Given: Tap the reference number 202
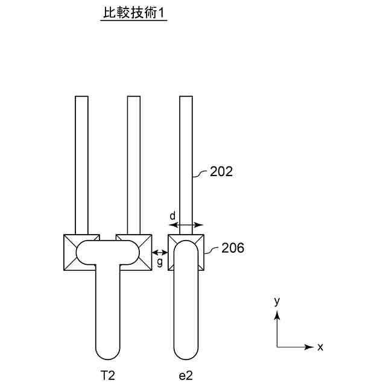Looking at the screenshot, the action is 221,172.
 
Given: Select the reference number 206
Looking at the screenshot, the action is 233,247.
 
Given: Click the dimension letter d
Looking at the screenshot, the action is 172,215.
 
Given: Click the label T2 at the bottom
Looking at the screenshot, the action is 107,375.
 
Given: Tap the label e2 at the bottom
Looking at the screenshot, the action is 186,375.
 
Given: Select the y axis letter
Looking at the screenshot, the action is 277,300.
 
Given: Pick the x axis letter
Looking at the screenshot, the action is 320,347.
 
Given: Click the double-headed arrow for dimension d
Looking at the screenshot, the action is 186,225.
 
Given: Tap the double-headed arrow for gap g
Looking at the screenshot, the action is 160,252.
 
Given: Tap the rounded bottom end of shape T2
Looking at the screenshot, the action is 108,353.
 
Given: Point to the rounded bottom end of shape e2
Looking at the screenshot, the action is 186,353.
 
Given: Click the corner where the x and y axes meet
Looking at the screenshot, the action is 277,347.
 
